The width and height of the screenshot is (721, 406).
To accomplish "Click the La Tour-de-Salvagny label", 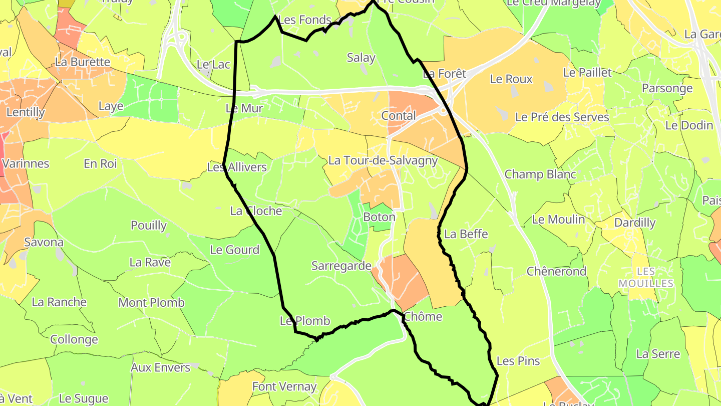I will click(383, 161).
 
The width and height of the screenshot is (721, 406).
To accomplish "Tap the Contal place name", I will click(399, 116).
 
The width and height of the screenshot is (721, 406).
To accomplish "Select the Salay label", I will click(361, 58).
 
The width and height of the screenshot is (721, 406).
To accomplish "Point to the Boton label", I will click(379, 217).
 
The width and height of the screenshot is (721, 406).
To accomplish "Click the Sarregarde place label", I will click(341, 266).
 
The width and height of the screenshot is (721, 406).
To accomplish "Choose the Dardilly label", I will click(634, 223).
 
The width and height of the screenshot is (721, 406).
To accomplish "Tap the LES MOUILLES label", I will click(646, 277).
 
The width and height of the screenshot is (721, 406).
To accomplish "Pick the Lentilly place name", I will click(26, 112).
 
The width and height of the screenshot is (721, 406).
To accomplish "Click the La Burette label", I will click(83, 62).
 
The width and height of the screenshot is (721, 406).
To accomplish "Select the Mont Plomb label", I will click(151, 303).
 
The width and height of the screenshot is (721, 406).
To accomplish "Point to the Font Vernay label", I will click(284, 386).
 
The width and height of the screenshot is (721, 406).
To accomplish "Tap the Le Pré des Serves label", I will click(562, 117).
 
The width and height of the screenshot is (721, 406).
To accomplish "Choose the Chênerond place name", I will click(556, 272).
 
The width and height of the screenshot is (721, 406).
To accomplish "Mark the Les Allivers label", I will click(237, 167).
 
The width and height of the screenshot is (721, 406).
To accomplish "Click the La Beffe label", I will click(466, 234).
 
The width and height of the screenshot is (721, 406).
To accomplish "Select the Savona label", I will click(44, 243).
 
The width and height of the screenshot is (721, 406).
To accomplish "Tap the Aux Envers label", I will click(161, 367).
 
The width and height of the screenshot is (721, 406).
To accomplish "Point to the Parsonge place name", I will click(667, 88).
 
